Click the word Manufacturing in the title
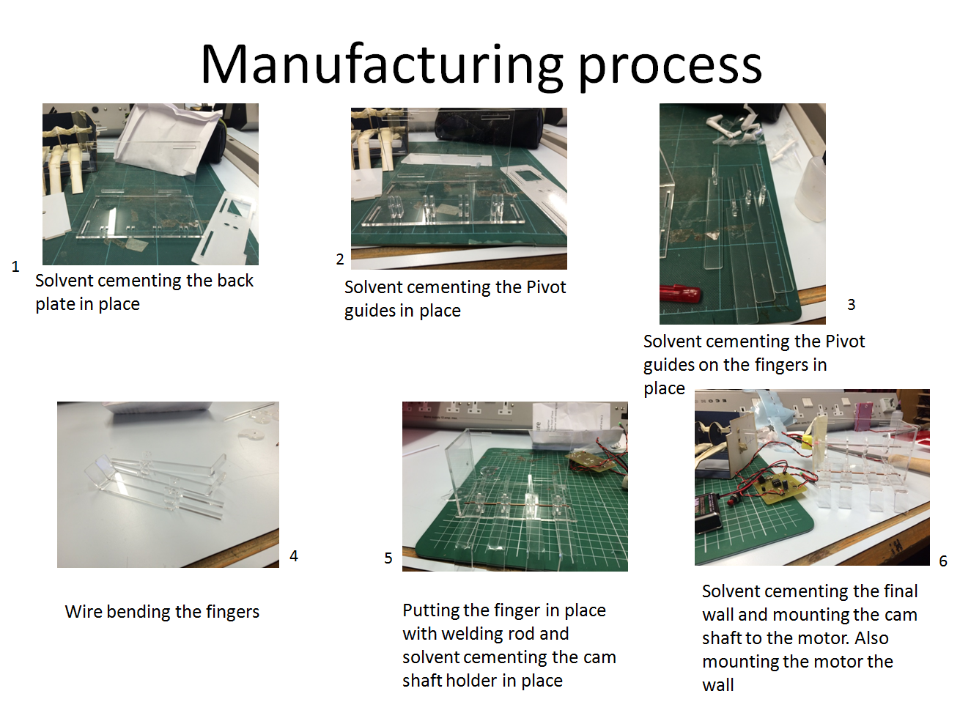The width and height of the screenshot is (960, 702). point(381,65)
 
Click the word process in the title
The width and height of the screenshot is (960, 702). point(670,65)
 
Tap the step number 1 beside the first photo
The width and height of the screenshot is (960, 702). point(15,267)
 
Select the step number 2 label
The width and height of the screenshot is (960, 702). point(340,259)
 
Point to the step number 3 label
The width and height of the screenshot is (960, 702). point(851,305)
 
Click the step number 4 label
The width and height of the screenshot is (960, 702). point(294,556)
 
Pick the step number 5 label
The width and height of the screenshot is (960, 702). point(388,558)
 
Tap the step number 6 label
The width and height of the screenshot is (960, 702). point(943,561)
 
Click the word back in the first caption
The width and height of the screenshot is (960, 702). point(235,281)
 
